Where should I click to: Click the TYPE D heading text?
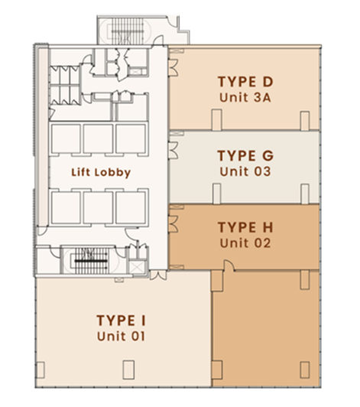tap(245, 82)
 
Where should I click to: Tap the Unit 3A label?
tap(245, 98)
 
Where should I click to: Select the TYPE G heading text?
tap(245, 156)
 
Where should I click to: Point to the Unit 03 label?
tap(245, 171)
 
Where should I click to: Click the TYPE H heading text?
tap(245, 227)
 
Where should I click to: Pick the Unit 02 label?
tap(245, 243)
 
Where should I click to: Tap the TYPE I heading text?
tap(121, 321)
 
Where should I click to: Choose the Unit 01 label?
tap(121, 336)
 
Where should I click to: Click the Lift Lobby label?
tap(101, 172)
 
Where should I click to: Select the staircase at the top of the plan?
tap(128, 31)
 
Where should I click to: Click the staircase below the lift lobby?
tap(91, 261)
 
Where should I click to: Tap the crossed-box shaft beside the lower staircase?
tap(136, 267)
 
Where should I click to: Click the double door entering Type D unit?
tap(174, 67)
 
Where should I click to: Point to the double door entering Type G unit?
tap(174, 151)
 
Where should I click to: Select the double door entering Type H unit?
tap(174, 223)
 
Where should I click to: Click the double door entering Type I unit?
tap(158, 275)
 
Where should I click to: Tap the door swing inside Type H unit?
tap(229, 265)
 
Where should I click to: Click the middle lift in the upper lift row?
tap(98, 139)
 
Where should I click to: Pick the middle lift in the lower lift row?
tap(98, 207)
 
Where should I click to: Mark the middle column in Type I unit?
tap(128, 370)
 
